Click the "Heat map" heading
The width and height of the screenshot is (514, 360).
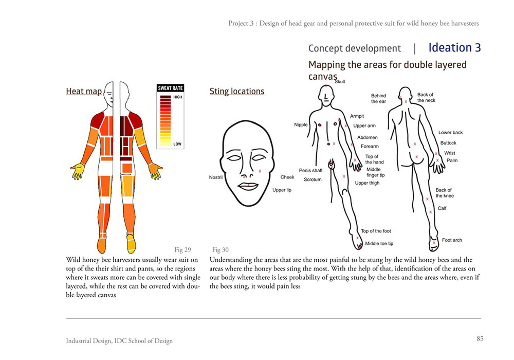pos(84,91)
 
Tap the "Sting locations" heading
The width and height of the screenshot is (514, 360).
pos(236,91)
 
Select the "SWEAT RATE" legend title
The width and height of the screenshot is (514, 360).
pos(170,88)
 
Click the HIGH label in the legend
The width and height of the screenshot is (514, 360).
pos(178,97)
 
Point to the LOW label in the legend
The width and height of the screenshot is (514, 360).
pos(177,144)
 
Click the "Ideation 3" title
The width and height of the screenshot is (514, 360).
pos(455,47)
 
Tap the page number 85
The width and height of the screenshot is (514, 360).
pos(480,338)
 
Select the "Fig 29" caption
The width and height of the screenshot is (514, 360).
pos(182,249)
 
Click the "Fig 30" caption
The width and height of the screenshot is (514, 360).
pos(221,249)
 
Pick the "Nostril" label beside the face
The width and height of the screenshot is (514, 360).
pos(216,177)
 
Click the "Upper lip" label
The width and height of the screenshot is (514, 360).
pos(282,190)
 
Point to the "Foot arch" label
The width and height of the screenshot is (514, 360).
pos(452,240)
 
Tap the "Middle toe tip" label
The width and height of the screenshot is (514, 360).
pos(379,244)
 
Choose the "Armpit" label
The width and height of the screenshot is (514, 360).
pos(357,116)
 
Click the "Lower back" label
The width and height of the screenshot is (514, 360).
pos(451,133)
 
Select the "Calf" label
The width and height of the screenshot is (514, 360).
pos(442,208)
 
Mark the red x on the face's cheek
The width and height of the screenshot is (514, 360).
pos(260,171)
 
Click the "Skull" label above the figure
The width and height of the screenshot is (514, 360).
pos(340,82)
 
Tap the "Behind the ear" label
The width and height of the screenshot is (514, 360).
pos(378,98)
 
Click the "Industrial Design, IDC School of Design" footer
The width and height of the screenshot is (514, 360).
pos(119,340)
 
